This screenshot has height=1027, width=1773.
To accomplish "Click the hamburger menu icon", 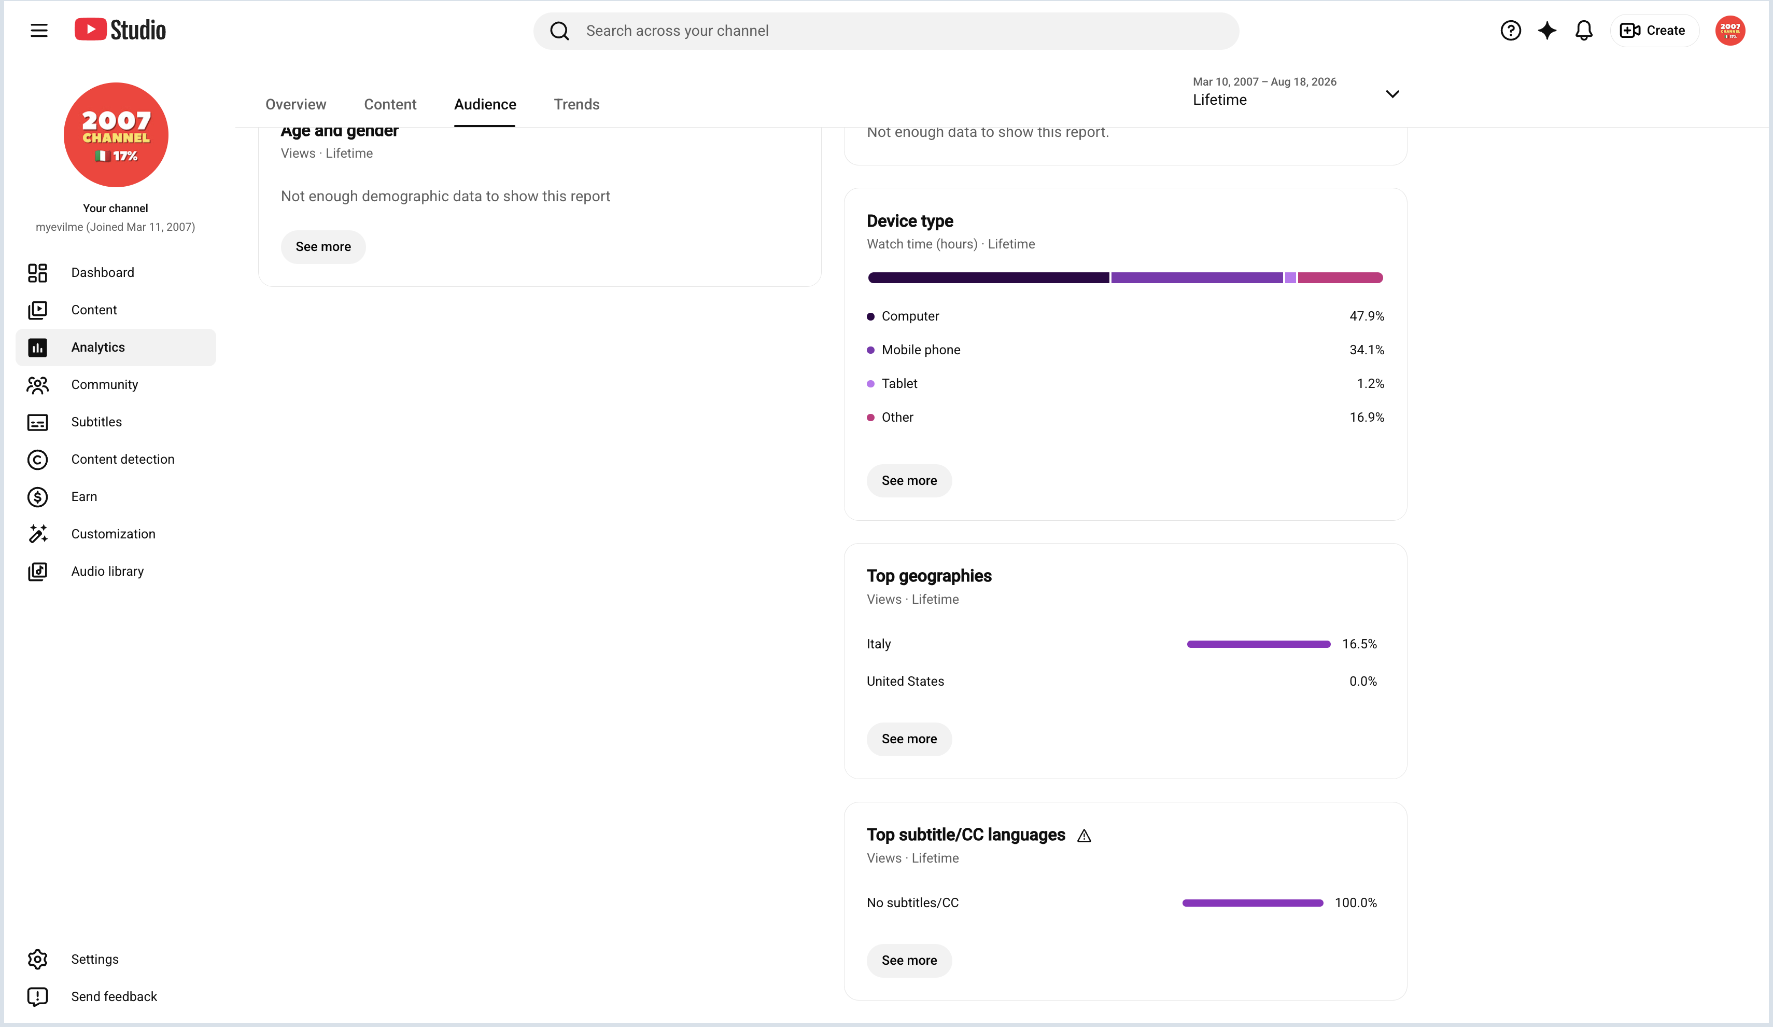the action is (39, 30).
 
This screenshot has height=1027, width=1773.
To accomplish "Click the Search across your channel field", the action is (886, 31).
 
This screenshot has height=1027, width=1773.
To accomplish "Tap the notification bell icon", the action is (1583, 30).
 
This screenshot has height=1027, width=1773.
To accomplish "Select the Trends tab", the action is (576, 104).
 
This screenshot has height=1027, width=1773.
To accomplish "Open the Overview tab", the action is (295, 104).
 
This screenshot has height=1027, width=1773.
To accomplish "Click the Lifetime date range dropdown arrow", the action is (1391, 93).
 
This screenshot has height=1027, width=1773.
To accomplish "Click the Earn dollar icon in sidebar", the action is (37, 497).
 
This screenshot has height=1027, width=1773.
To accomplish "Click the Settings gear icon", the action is (37, 960).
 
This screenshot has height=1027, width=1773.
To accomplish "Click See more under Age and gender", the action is (323, 247).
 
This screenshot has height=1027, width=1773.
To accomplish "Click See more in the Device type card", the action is (909, 481).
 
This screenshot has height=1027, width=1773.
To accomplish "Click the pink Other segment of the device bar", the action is (1340, 278).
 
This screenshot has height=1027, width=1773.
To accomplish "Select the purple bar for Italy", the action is (1259, 644).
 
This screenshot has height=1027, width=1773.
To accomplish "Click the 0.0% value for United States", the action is (1363, 682).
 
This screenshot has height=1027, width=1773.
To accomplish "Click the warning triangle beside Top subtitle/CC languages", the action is (1084, 836).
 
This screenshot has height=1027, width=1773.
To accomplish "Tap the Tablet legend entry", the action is (892, 384).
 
